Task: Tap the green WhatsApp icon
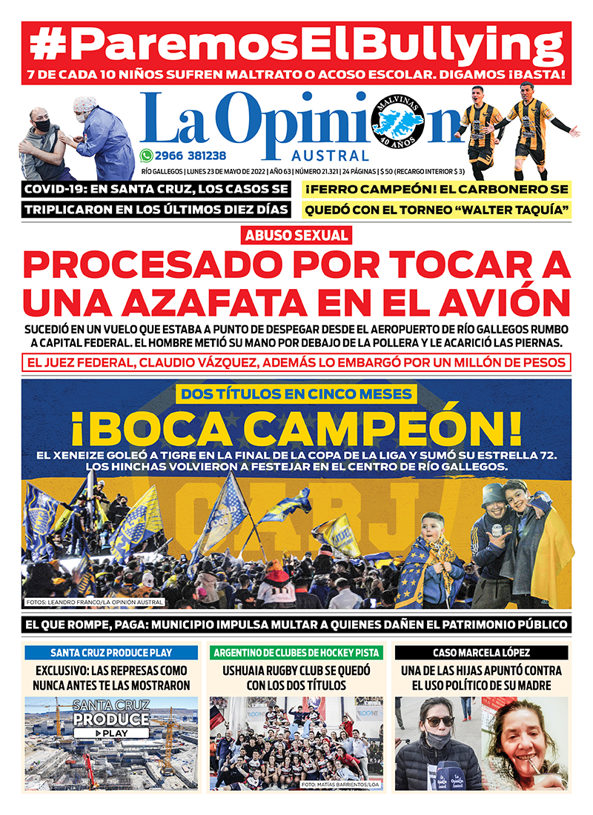[x=147, y=156]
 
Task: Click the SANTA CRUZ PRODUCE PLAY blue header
[x=111, y=653]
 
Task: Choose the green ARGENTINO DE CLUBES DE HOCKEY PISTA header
[x=296, y=653]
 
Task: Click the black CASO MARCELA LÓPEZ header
[x=482, y=653]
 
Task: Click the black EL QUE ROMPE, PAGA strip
[x=296, y=624]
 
